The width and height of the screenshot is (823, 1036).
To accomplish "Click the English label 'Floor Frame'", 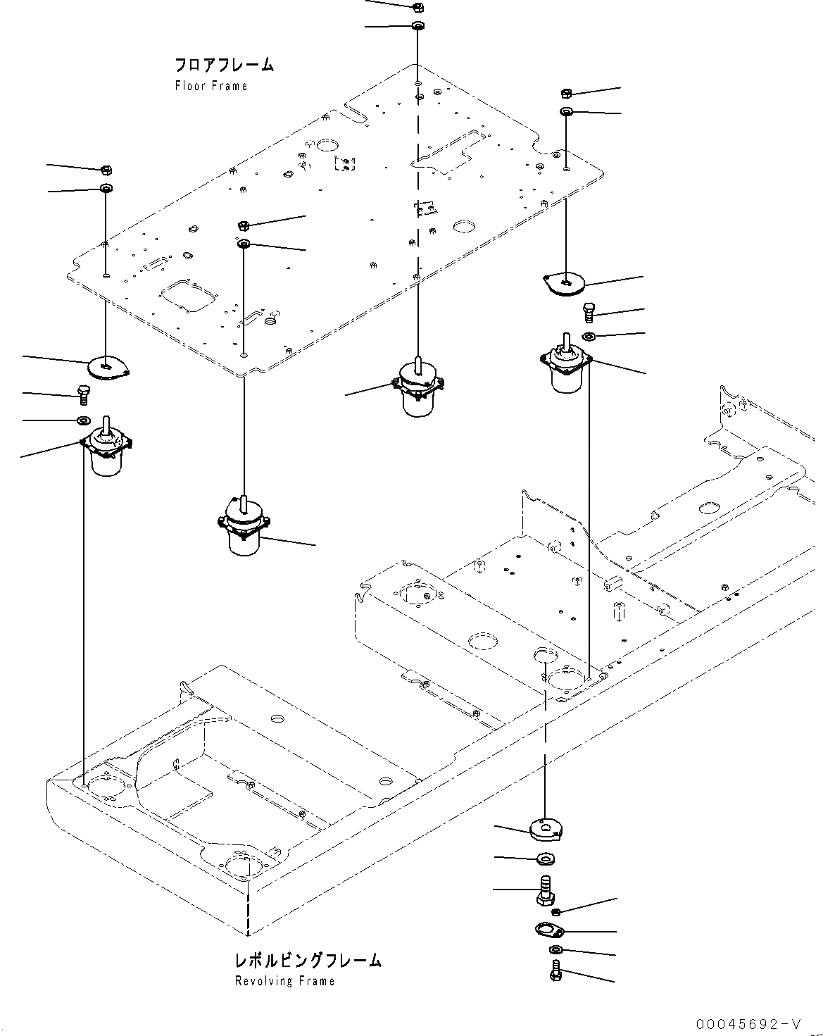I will (x=211, y=86).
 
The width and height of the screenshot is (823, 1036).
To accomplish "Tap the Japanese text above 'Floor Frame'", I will (x=224, y=65).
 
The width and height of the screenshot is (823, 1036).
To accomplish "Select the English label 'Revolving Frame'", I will (x=284, y=981).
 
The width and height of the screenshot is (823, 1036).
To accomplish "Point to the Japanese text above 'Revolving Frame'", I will (x=308, y=960).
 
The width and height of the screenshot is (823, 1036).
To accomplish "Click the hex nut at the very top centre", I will (x=416, y=7).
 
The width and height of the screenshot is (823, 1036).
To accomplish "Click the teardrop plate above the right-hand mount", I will (x=565, y=283).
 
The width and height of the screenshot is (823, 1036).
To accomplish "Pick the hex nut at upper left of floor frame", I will (x=106, y=170).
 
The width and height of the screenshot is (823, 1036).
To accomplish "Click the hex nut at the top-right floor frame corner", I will (x=566, y=93).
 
